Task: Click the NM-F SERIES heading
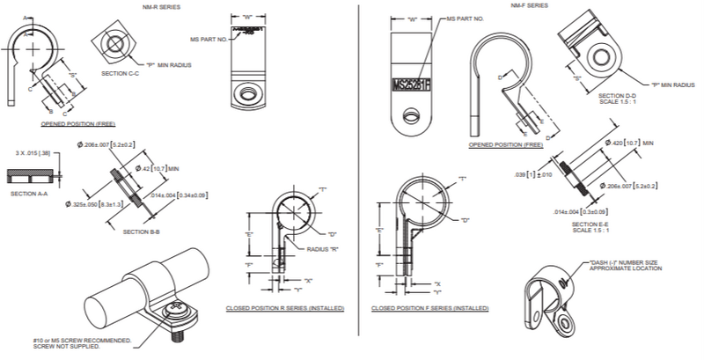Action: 529,6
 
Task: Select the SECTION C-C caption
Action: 121,74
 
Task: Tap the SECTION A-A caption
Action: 29,193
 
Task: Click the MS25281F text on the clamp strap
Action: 405,84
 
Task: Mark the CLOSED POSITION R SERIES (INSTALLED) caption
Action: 284,309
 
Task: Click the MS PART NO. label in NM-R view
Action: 209,40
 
